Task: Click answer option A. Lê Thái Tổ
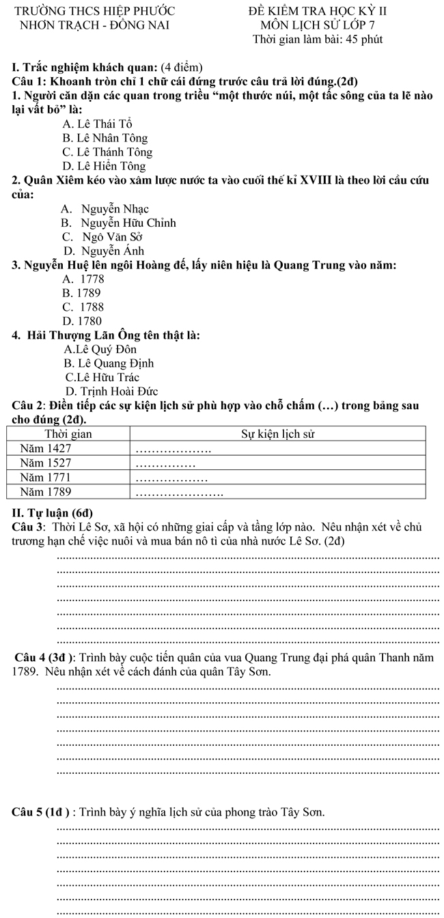97,124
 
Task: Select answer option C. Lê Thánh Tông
107,152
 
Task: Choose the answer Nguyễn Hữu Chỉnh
118,223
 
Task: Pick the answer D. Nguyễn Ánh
104,251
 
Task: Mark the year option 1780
82,320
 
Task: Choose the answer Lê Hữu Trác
102,377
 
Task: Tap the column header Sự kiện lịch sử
278,434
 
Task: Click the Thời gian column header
68,434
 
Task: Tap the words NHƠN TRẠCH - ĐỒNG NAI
95,25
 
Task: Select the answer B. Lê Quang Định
109,363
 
